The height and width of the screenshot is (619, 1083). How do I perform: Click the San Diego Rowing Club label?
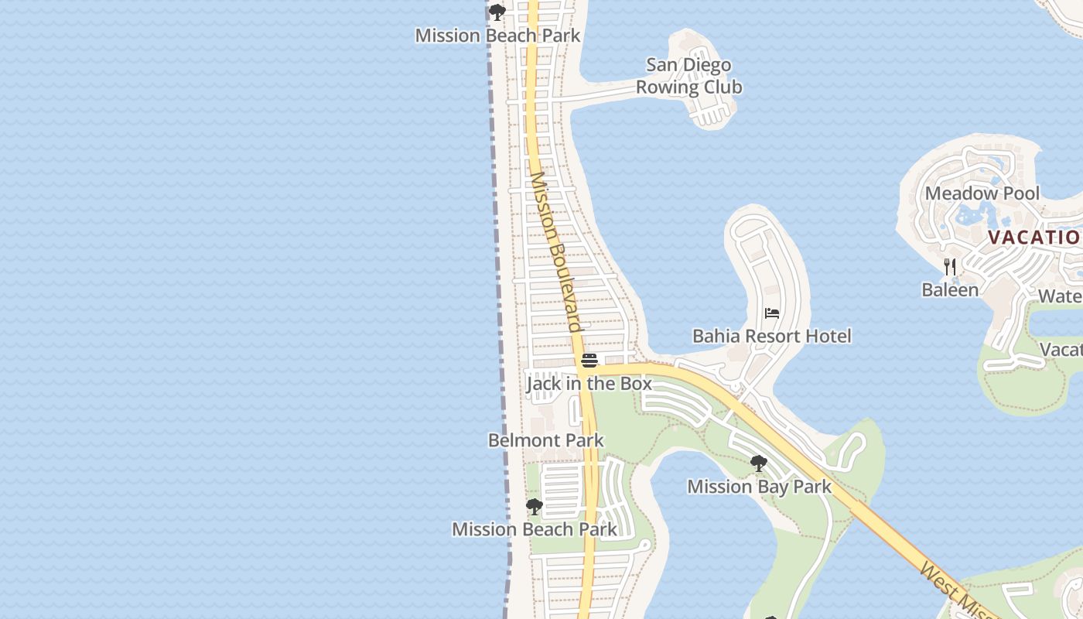tap(688, 76)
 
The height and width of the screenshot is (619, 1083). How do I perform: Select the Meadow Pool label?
tap(982, 193)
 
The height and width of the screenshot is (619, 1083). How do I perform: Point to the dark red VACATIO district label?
tap(1034, 237)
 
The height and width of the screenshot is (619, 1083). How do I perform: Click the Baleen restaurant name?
tap(950, 290)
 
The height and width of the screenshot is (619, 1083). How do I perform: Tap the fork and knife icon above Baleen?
tap(950, 267)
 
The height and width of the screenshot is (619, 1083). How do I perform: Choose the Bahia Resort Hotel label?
tap(771, 336)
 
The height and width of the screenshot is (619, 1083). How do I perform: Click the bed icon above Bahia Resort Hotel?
tap(771, 313)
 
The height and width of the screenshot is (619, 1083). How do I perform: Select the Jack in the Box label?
tap(589, 384)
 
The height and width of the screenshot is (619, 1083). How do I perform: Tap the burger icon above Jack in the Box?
tap(589, 361)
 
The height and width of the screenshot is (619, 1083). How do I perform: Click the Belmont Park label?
tap(545, 440)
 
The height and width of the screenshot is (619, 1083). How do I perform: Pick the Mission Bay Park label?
tap(759, 487)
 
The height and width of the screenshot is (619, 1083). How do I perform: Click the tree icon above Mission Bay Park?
tap(759, 463)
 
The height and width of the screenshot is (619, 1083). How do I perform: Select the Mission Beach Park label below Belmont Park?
tap(534, 530)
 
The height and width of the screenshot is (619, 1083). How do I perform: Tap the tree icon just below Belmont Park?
tap(534, 507)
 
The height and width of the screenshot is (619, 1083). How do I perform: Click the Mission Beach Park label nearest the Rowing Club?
tap(497, 36)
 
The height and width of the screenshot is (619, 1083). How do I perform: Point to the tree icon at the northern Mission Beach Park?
tap(497, 12)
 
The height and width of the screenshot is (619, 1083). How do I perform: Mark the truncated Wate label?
tap(1060, 296)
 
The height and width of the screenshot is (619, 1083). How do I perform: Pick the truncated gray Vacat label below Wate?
tap(1061, 350)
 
